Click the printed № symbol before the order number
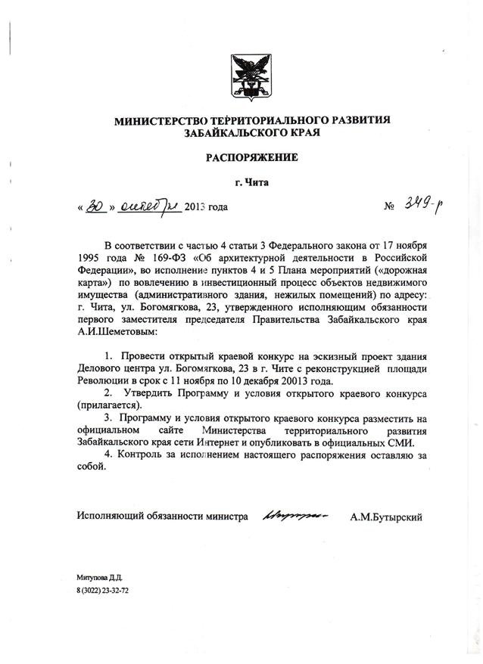point(391,206)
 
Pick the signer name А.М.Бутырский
point(386,517)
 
